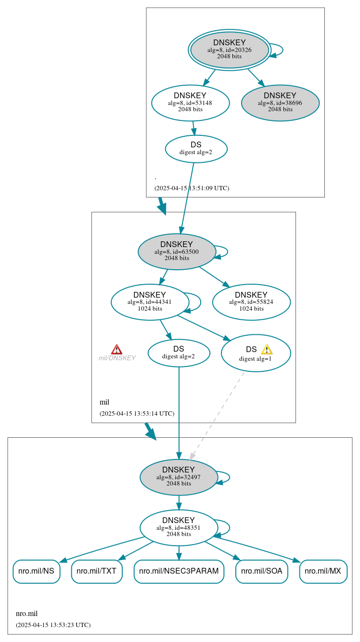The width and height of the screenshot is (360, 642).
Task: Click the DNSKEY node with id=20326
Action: (x=230, y=50)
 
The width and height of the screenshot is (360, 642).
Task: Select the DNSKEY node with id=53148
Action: (x=190, y=103)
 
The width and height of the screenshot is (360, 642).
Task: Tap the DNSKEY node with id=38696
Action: (x=280, y=103)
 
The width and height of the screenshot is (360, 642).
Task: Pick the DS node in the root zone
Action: (x=196, y=149)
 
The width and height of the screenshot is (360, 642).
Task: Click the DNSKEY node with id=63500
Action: (x=177, y=251)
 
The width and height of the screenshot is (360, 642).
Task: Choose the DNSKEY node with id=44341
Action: (x=150, y=302)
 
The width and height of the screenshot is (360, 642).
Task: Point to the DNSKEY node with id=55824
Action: (x=251, y=302)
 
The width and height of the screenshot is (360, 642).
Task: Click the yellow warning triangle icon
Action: (x=267, y=350)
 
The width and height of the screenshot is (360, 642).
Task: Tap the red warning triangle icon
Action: (x=116, y=350)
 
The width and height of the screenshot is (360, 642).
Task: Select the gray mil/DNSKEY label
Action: (x=117, y=358)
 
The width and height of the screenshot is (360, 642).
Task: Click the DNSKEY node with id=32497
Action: (x=179, y=477)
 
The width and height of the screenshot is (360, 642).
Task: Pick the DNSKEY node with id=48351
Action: (x=179, y=527)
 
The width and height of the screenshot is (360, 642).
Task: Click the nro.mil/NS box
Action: (x=37, y=571)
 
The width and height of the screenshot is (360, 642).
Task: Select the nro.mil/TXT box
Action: (x=97, y=571)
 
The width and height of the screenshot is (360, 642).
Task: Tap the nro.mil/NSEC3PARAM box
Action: (x=179, y=571)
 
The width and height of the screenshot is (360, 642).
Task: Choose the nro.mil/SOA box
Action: (x=262, y=571)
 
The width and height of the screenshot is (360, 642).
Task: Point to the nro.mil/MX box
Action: (x=323, y=571)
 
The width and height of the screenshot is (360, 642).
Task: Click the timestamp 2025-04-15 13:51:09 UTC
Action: (x=192, y=188)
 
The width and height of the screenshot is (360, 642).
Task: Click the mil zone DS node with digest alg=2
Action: (x=179, y=353)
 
